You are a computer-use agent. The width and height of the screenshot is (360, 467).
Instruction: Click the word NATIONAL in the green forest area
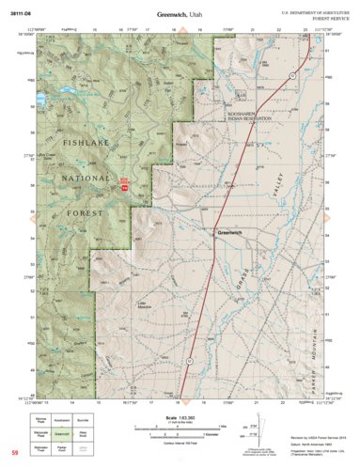pos(84,178)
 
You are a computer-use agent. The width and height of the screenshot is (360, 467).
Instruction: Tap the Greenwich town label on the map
pos(230,232)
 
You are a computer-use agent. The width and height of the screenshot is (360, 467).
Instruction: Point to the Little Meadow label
pos(145,304)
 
